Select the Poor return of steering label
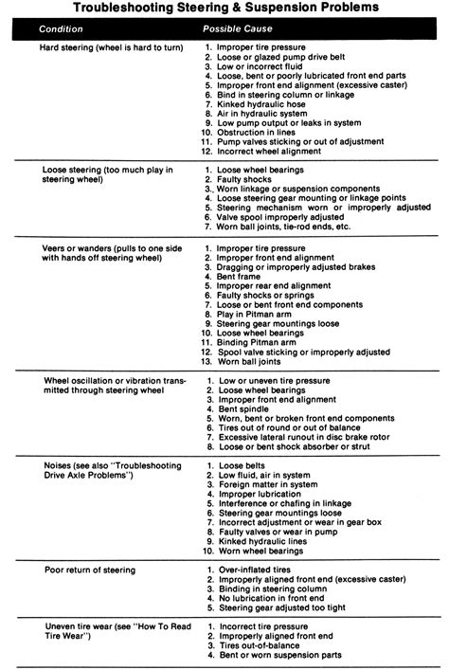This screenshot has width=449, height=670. pos(89,570)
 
